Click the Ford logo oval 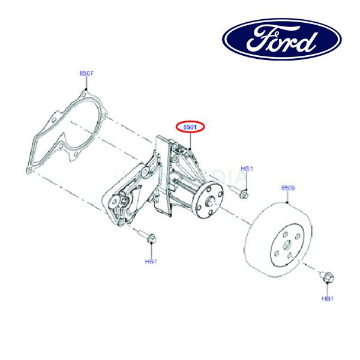[x=282, y=38]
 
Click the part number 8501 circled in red [x=190, y=127]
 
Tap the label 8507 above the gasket [x=86, y=73]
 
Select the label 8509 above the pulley [x=288, y=188]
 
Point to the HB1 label [x=327, y=298]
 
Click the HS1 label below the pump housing [x=150, y=261]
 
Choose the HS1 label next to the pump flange [x=247, y=170]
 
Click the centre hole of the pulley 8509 [x=287, y=245]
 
